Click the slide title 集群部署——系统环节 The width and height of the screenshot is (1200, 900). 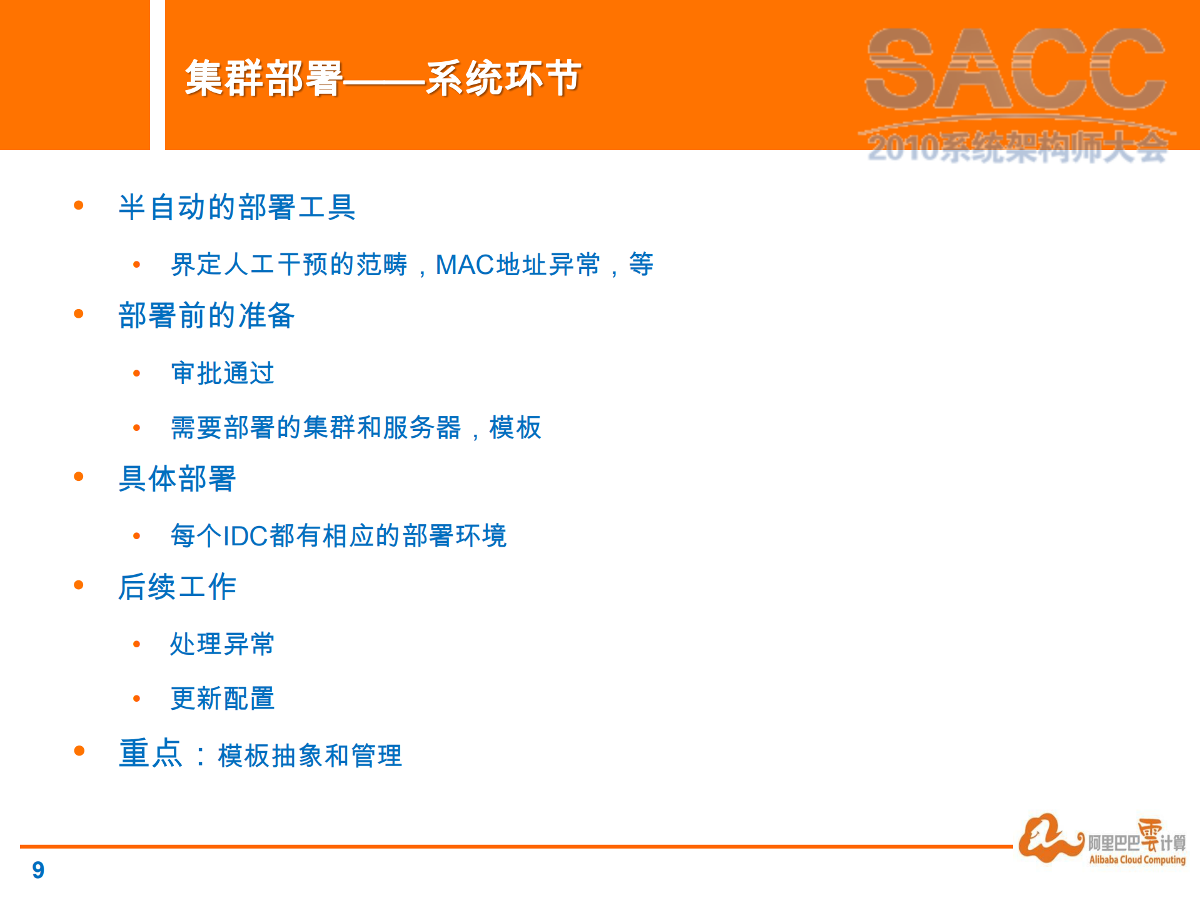pos(383,78)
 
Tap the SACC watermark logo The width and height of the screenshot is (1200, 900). pos(1016,69)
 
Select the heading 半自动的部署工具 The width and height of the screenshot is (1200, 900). pos(237,207)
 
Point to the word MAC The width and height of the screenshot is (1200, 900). pos(465,265)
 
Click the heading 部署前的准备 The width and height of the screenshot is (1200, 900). pos(206,315)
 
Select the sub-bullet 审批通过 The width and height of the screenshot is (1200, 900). pos(223,373)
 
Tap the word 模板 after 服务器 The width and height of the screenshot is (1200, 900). pos(515,428)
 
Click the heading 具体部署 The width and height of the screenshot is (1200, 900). pos(177,479)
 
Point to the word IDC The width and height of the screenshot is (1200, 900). pos(246,536)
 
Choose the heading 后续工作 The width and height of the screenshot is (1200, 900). pos(177,587)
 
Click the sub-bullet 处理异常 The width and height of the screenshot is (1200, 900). pos(223,644)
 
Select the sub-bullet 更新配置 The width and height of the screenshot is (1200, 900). pos(223,699)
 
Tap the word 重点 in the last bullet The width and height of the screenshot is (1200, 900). pos(150,753)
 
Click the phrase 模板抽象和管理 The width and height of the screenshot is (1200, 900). pos(310,756)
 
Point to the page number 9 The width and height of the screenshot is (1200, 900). pos(38,870)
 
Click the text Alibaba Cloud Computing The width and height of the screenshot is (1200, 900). pos(1137,860)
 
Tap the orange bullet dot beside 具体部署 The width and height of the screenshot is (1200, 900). pos(79,477)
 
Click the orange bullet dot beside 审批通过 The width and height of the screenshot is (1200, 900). pos(137,374)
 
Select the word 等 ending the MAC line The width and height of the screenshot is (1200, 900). pos(641,265)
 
